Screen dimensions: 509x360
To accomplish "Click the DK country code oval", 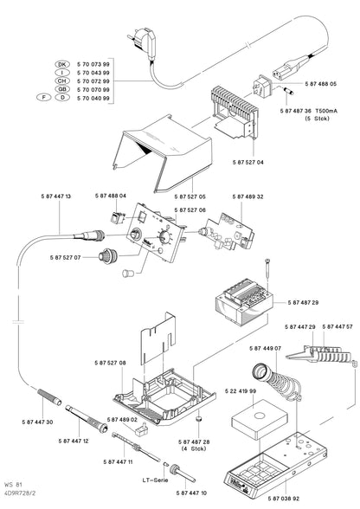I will coord(61,64).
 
